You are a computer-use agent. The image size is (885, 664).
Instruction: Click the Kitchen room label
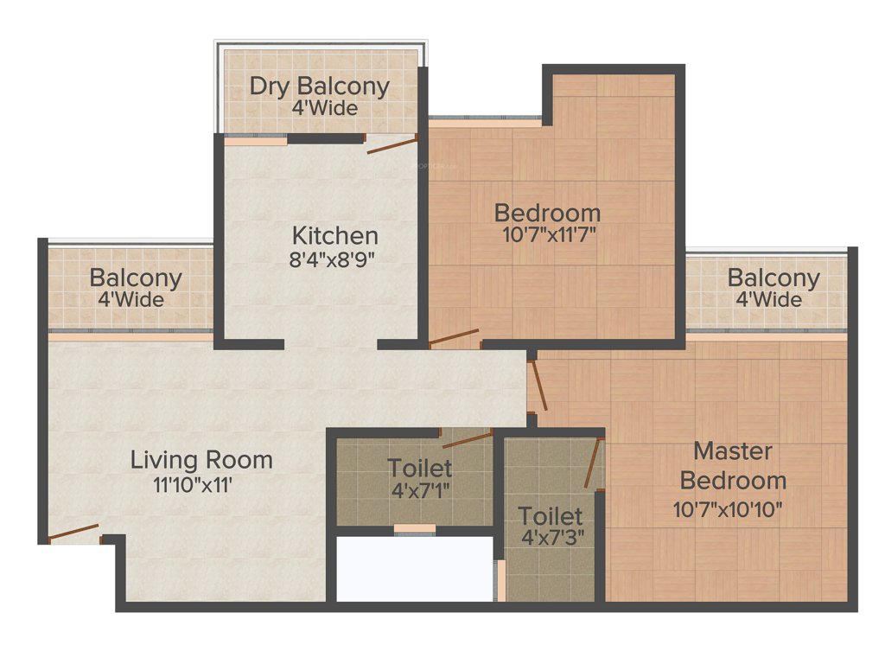coord(334,235)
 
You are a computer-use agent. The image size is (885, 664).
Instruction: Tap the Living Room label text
coord(201,460)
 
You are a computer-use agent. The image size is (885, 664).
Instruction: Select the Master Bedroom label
coord(733,465)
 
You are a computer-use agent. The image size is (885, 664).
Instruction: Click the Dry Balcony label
coord(319,86)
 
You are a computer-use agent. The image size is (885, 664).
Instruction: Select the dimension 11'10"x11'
coord(192,485)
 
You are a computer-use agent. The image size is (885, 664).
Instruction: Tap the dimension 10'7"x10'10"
coord(728,509)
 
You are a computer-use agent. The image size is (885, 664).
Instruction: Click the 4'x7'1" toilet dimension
coord(419,490)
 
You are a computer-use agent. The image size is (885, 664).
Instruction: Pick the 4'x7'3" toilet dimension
coord(551,537)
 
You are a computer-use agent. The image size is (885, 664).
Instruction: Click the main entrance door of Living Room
coord(73,533)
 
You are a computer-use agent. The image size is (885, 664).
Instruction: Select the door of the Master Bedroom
coord(538,386)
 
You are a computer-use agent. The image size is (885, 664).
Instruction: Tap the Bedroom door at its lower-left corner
coord(454,337)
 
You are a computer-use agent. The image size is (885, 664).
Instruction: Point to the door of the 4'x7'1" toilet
coord(467,439)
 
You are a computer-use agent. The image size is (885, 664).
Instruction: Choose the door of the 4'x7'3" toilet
coord(593,463)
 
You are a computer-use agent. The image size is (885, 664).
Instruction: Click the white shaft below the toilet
coord(413,568)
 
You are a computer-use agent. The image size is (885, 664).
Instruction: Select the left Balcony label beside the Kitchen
coord(136,278)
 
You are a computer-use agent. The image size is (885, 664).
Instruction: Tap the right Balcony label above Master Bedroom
coord(773,278)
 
